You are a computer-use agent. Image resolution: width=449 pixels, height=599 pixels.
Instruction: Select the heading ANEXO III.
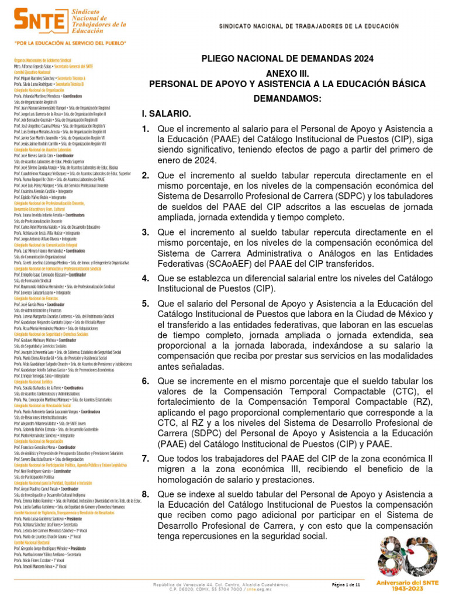click(287, 74)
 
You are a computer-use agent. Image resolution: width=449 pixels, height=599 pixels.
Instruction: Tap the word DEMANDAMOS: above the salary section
click(287, 99)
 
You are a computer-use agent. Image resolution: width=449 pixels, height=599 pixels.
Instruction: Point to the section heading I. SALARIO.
click(166, 113)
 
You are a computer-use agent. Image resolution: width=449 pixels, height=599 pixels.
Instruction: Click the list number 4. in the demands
click(146, 278)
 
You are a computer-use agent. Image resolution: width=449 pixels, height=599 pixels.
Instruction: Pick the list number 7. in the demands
click(146, 459)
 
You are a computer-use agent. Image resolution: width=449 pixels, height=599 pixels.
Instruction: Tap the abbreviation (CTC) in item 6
click(384, 391)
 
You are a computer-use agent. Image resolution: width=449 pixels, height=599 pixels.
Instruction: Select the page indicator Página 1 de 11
click(347, 585)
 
